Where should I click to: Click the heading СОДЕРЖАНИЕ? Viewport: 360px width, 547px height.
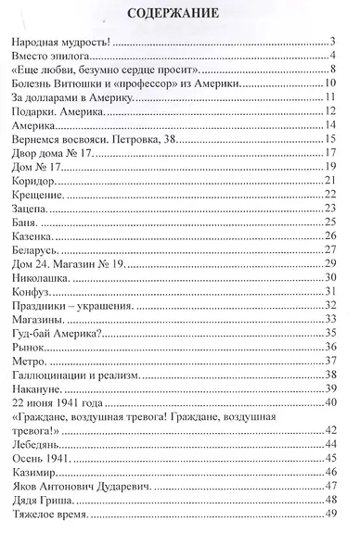(x=180, y=15)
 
